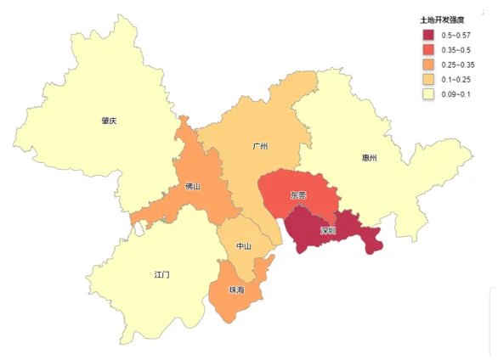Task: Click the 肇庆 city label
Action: point(108,121)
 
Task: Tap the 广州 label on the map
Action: point(260,146)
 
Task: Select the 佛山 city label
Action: point(193,186)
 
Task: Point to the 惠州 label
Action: point(370,158)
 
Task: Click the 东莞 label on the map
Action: point(298,195)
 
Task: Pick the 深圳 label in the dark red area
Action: point(327,230)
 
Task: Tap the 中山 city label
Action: point(244,246)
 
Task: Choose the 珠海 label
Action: point(236,290)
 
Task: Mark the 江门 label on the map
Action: point(162,275)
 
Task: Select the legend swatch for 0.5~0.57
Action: point(429,35)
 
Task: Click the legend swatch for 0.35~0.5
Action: point(429,50)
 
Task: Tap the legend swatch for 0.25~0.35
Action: point(429,65)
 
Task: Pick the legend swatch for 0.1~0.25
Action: point(429,80)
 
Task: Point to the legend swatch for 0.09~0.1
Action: point(429,94)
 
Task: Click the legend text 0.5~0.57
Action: point(459,35)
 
